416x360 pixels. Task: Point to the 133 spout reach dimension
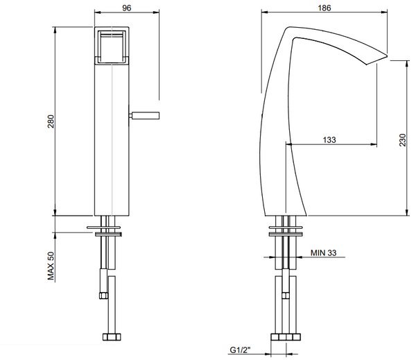click(329, 139)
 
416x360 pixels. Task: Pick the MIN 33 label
click(323, 254)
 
